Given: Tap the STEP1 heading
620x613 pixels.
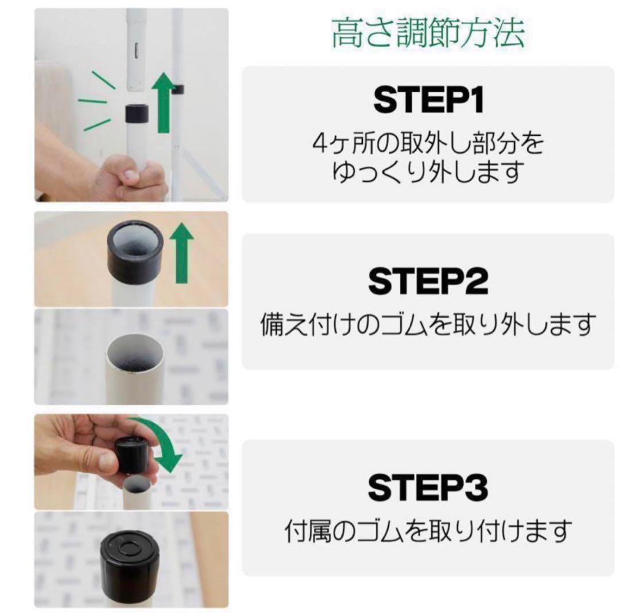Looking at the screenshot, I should point(428,101).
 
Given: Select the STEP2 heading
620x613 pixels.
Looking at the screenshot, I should point(428,280).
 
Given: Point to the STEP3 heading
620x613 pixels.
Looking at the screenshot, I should point(428,488).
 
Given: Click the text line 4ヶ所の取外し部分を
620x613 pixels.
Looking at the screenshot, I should point(428,144).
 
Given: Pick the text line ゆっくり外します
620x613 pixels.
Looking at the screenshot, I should point(428,171).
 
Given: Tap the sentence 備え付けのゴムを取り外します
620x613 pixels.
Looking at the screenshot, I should point(428,325).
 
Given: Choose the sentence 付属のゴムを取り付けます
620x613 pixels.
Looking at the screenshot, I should point(428,532).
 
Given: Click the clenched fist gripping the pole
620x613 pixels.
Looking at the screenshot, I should point(129,177).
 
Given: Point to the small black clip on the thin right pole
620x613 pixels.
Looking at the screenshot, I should point(178,89).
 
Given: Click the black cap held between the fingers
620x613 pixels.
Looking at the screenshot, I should point(132,454).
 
